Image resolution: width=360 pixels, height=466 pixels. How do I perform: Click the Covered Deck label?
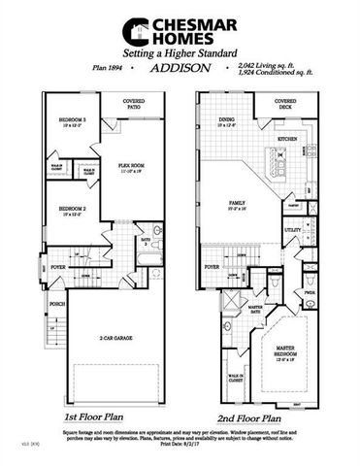click(x=285, y=103)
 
